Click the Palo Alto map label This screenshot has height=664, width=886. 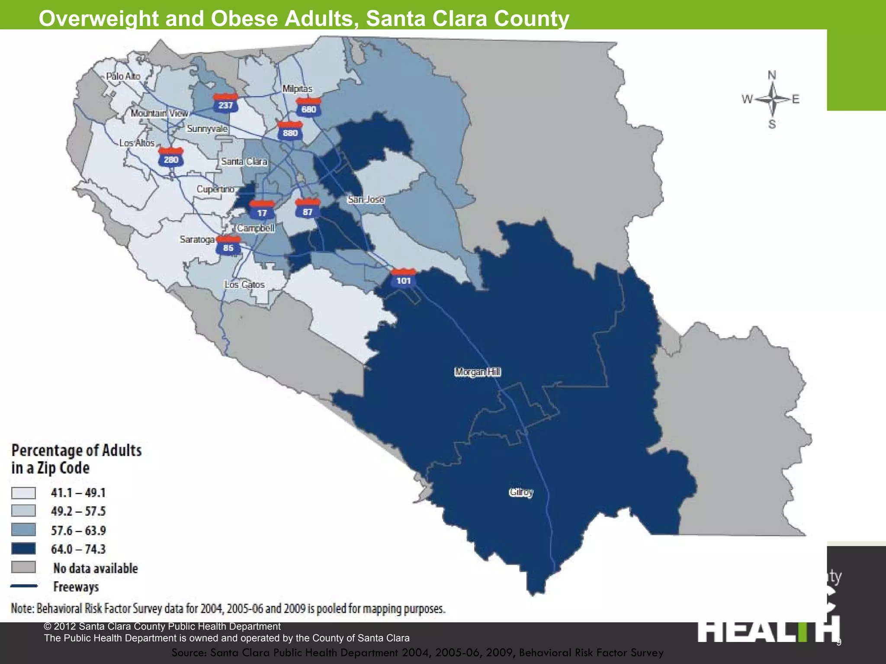point(123,76)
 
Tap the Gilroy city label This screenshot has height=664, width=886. point(521,492)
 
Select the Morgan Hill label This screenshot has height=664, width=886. point(478,372)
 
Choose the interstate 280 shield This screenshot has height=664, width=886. point(171,158)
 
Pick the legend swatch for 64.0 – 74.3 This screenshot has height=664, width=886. point(23,549)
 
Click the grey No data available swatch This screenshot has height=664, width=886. point(23,567)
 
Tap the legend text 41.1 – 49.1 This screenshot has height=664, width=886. point(78,493)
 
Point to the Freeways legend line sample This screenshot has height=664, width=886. point(24,586)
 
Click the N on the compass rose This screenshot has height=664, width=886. point(772,76)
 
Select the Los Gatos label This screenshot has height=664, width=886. point(244,284)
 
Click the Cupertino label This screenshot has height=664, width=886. point(215,189)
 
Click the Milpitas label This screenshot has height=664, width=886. point(297,89)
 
